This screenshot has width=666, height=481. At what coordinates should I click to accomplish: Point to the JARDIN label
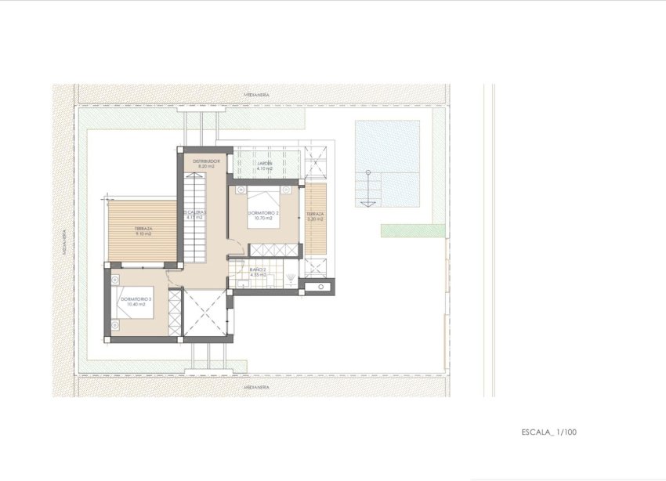tap(266, 162)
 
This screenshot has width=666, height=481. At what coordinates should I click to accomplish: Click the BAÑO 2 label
tap(258, 270)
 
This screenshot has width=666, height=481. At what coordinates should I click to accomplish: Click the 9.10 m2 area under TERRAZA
tap(142, 233)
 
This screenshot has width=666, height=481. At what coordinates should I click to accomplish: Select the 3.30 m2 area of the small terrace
tap(315, 219)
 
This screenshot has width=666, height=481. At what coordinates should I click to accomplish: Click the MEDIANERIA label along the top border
tap(256, 94)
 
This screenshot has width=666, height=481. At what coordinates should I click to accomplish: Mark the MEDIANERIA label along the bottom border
tap(256, 387)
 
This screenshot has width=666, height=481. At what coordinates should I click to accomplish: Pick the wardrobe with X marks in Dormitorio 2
tap(273, 251)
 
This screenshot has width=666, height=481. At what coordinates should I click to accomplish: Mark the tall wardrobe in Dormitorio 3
tap(175, 313)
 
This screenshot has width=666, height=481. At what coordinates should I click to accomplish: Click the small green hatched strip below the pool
tap(402, 230)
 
